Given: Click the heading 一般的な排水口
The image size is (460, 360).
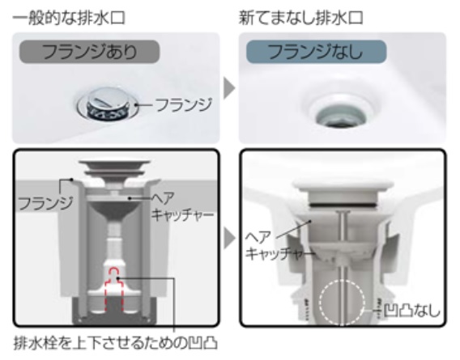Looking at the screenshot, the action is point(69,18).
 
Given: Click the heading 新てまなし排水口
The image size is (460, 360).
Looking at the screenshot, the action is point(301,18).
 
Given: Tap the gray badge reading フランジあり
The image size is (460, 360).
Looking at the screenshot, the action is point(89,52).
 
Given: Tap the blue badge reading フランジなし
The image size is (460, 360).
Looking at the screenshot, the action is point(316,52).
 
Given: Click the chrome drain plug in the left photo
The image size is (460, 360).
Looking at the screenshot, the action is point(107,104).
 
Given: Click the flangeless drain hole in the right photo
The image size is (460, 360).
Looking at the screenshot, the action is point(341,112).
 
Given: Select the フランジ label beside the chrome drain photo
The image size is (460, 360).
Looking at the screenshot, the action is point(184,104).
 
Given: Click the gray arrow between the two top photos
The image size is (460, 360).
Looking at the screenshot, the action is point(229,88).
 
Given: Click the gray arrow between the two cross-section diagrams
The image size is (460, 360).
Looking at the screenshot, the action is point(229,239).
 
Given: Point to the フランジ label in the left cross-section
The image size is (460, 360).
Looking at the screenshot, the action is point(45,203).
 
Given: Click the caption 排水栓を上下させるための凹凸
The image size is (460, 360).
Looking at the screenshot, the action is point(115,343).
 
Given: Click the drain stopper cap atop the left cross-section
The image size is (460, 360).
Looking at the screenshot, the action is point(114,167).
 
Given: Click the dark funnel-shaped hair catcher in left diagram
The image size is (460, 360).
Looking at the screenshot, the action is point(114,212).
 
